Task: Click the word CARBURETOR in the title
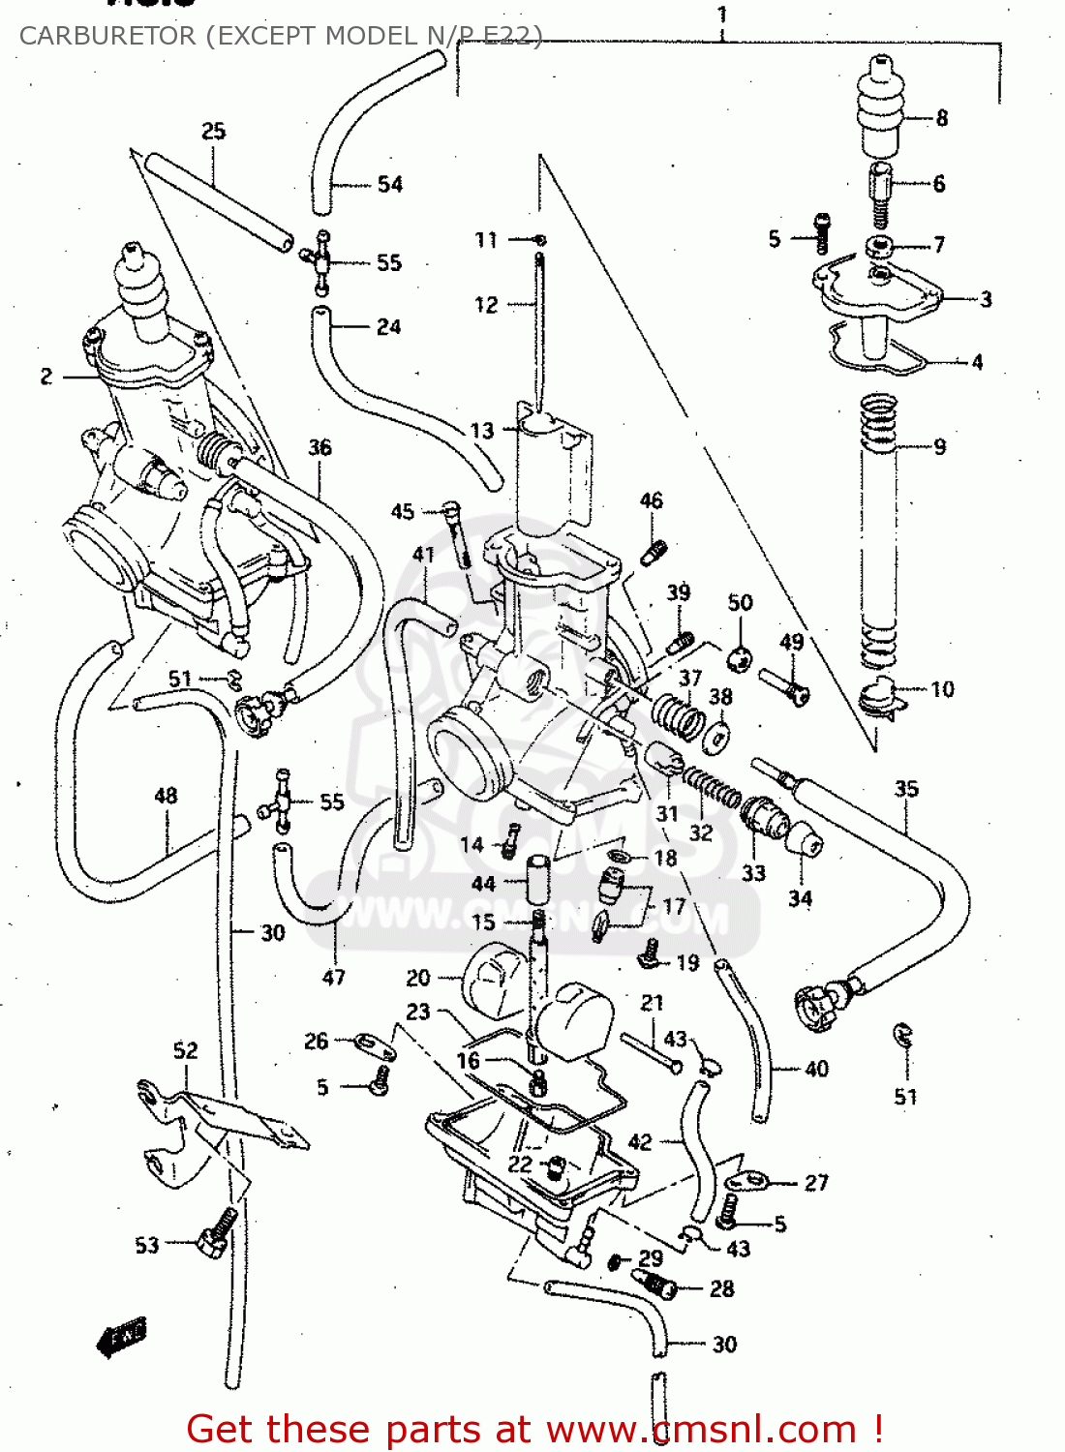click(106, 36)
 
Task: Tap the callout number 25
click(214, 131)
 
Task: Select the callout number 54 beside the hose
click(390, 184)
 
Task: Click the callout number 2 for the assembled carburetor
click(46, 377)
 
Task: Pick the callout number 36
click(319, 447)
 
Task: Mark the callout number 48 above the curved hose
click(166, 796)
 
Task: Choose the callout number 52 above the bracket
click(185, 1050)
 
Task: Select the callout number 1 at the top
click(722, 15)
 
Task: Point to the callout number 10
click(942, 689)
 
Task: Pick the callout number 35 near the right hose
click(906, 789)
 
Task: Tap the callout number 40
click(817, 1069)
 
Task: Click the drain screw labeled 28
click(658, 1286)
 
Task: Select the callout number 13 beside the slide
click(481, 431)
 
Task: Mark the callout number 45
click(403, 511)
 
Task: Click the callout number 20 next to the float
click(418, 978)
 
